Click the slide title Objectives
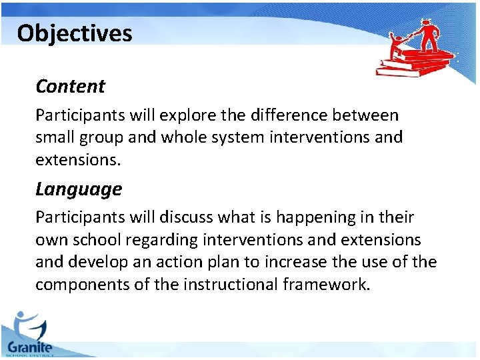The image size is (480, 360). pyautogui.click(x=75, y=33)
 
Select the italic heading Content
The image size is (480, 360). pyautogui.click(x=70, y=87)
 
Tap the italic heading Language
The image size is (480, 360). pyautogui.click(x=79, y=189)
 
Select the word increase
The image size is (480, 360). pyautogui.click(x=291, y=262)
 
